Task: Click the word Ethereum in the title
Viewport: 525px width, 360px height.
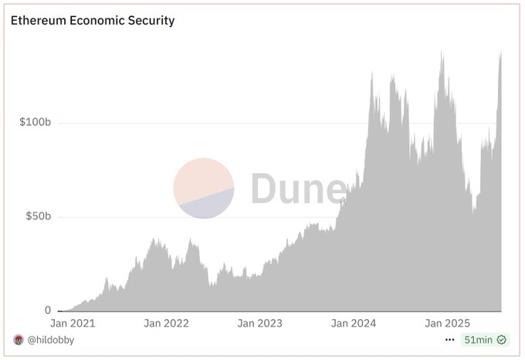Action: coord(36,20)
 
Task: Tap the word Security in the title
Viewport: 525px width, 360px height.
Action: coord(151,20)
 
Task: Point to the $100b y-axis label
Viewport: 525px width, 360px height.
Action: coord(35,123)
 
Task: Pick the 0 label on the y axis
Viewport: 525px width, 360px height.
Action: coord(48,311)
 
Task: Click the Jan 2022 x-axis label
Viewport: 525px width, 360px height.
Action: coord(166,323)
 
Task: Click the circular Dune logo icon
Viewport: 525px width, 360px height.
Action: coord(203,188)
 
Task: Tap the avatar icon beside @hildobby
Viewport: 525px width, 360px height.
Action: coord(19,339)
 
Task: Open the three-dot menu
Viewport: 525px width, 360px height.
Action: coord(450,339)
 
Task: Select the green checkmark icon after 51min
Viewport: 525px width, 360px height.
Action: coord(501,339)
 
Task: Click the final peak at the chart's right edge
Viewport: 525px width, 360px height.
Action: coord(501,53)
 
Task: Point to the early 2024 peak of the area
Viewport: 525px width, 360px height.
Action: coord(372,73)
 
